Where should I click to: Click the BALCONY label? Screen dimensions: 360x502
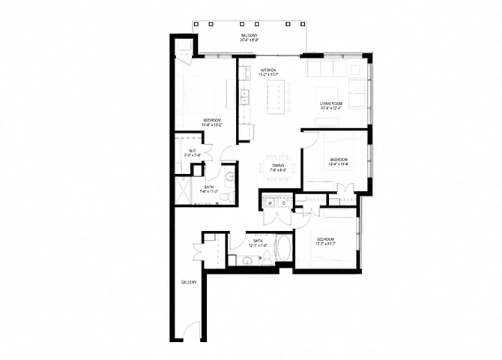250,36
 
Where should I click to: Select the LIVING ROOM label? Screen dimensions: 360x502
330,106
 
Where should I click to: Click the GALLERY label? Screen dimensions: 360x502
188,282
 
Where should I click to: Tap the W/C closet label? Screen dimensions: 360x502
192,151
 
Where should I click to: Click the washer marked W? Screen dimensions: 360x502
267,202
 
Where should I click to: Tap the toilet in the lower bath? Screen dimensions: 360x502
264,259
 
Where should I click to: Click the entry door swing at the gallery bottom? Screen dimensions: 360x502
193,330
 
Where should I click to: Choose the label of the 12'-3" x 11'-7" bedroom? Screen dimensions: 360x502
324,241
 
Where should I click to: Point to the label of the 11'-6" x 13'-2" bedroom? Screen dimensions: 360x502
211,121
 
